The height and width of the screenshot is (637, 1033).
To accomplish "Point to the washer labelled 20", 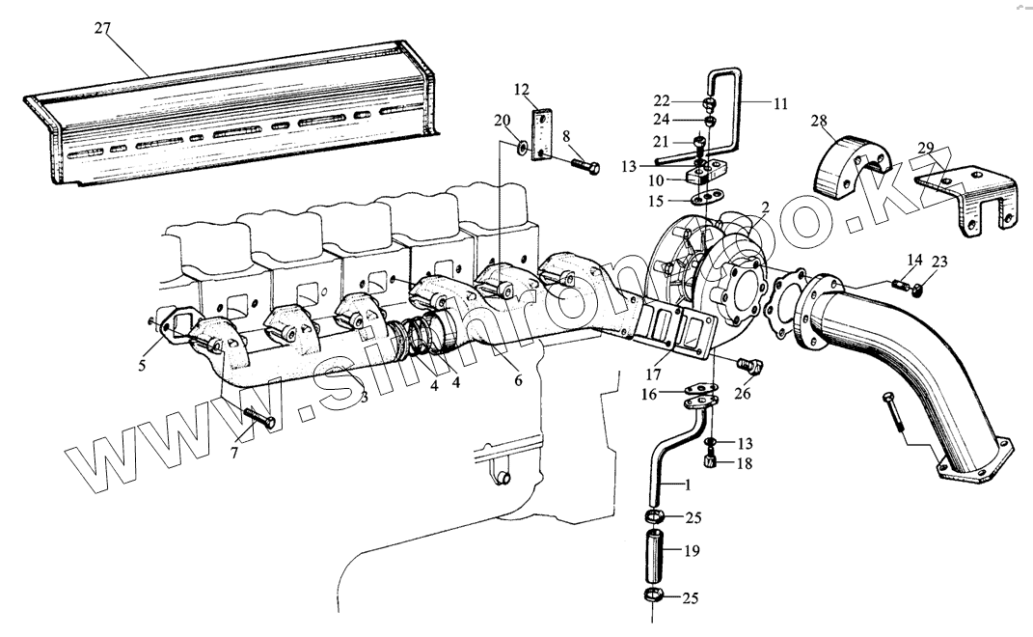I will pos(522,148).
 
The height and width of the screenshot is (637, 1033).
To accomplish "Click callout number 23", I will pos(940,261).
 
